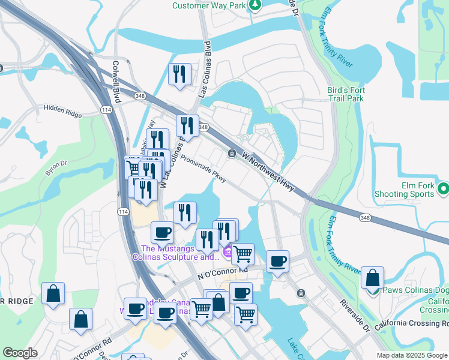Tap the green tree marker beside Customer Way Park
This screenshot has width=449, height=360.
tap(256, 5)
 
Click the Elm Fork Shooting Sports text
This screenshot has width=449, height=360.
tap(404, 190)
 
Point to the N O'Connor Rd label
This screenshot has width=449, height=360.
tap(223, 273)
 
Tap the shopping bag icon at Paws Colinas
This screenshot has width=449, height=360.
tap(373, 278)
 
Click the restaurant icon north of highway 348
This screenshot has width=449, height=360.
tap(179, 74)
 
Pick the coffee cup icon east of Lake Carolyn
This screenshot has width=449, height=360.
tap(277, 262)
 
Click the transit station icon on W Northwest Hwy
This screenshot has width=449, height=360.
tap(232, 154)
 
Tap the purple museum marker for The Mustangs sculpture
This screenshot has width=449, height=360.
tap(228, 253)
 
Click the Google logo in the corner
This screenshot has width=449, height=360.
tap(20, 353)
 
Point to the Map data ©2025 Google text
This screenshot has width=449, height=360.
tap(411, 355)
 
